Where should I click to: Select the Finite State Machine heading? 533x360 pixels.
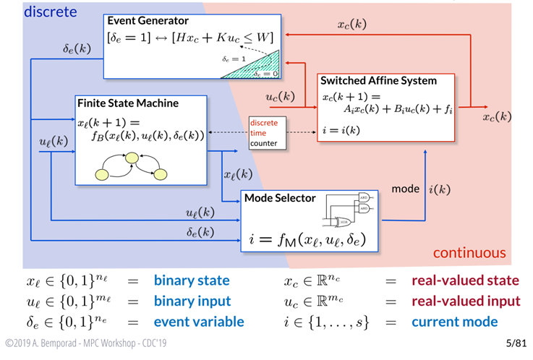point(128,103)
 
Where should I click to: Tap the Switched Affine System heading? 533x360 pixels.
point(379,81)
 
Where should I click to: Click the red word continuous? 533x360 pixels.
point(469,253)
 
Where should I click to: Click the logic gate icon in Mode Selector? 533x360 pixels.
point(351,209)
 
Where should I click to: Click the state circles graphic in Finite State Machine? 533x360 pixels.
point(132,167)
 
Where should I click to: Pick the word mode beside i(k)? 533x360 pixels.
point(406,189)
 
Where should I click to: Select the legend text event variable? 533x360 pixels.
point(198,321)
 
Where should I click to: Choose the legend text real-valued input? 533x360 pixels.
point(466,301)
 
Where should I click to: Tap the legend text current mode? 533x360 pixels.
point(455,321)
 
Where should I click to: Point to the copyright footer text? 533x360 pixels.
point(86,343)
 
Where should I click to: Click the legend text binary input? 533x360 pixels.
point(192,301)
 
